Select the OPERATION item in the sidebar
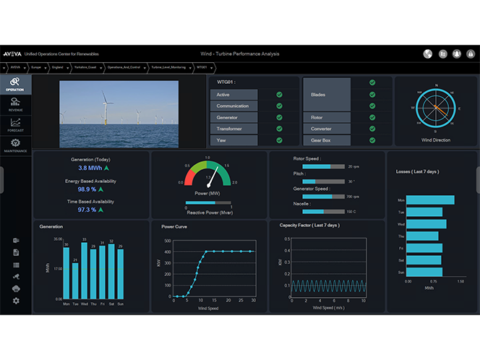tap(15, 84)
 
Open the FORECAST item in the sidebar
tap(15, 125)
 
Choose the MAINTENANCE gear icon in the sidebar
tap(15, 144)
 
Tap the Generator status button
tap(233, 117)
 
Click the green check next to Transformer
tap(279, 129)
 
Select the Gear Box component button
tap(326, 140)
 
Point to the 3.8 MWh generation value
tap(89, 168)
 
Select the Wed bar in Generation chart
tap(85, 270)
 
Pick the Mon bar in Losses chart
tap(430, 200)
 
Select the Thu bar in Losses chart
tap(421, 236)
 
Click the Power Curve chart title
tap(174, 226)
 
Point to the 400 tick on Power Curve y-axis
tap(168, 252)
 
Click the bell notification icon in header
tap(457, 53)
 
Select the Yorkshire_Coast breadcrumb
tap(86, 67)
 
